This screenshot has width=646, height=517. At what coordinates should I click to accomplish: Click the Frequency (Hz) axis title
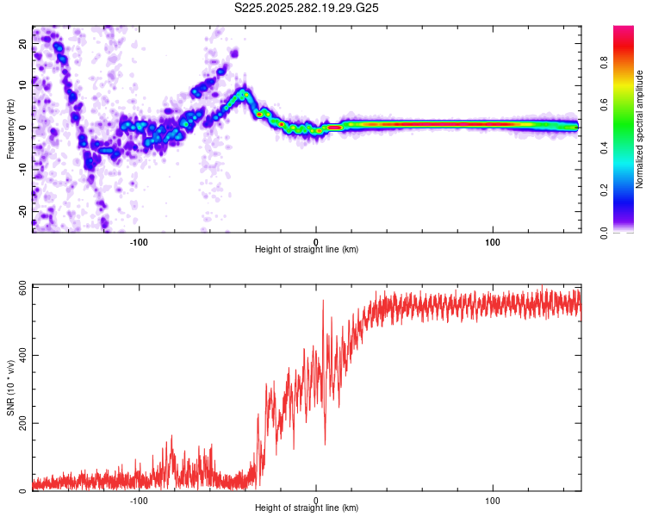[10, 129]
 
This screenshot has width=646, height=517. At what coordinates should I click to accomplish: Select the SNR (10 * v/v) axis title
[10, 388]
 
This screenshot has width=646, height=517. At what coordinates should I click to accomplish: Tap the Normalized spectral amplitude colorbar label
[640, 129]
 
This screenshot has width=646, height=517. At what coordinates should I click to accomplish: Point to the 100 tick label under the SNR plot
[493, 500]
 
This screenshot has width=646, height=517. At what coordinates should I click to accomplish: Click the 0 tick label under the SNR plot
[316, 500]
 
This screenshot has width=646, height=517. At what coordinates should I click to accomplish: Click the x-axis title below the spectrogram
[307, 250]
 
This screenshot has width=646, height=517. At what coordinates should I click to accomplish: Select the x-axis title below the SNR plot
[307, 509]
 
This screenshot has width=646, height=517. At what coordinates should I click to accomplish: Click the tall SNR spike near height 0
[323, 302]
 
